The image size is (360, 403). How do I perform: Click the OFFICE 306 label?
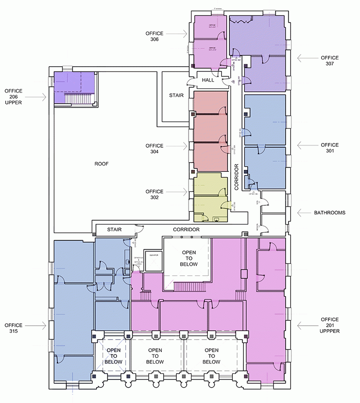155,36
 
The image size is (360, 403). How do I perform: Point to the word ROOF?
101,164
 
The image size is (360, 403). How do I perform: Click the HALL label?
207,80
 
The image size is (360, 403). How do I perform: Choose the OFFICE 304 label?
155,149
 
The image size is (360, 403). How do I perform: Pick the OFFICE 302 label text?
155,194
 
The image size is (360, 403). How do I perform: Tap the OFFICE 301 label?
330,148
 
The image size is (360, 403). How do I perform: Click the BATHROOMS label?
330,212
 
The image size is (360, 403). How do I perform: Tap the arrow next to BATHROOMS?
304,212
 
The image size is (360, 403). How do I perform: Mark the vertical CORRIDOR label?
237,178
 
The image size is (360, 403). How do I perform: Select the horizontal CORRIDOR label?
187,230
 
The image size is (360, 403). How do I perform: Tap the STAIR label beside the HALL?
176,95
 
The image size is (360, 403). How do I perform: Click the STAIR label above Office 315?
114,230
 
